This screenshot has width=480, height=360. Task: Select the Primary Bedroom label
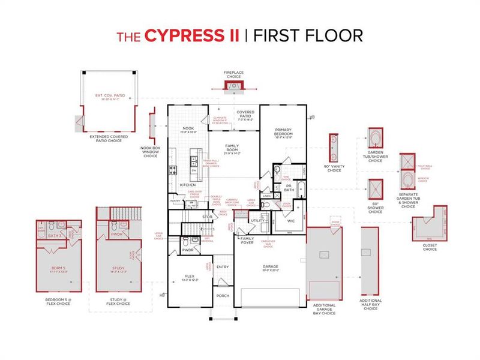(283, 132)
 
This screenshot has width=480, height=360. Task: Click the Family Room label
(232, 148)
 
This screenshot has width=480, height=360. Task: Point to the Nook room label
(187, 128)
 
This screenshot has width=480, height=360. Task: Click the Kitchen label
(188, 185)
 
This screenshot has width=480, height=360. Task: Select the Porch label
(222, 295)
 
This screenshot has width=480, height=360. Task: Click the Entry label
(223, 268)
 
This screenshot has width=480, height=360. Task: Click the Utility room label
(258, 221)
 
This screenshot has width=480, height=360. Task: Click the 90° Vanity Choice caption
(334, 169)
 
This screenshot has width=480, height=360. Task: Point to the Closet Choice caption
(430, 247)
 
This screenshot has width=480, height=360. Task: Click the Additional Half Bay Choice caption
(370, 304)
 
